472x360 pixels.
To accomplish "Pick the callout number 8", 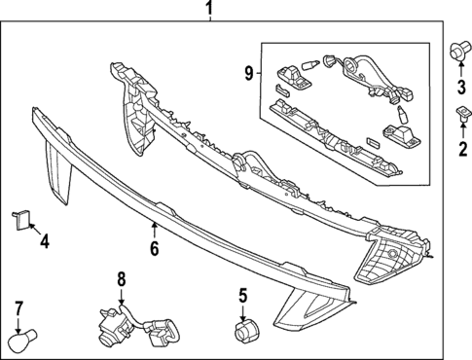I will tap(122, 280).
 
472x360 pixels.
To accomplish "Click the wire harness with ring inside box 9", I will tap(376, 77).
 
